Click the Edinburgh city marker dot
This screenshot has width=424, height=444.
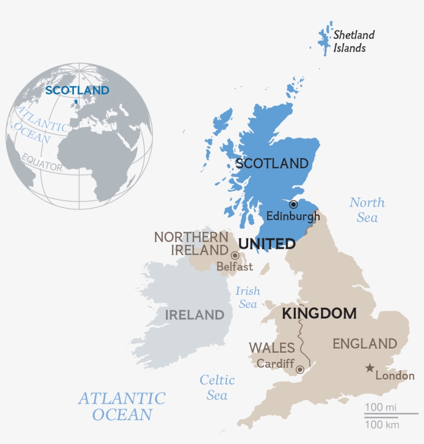tap(293, 204)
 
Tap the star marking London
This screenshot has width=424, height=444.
tap(370, 368)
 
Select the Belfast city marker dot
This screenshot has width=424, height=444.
tap(235, 255)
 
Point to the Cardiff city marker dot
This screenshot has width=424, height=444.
tap(299, 370)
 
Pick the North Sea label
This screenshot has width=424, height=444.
tap(367, 210)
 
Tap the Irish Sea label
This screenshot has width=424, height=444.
tap(248, 297)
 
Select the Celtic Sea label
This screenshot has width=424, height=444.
tap(217, 388)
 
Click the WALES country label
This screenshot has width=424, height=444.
tap(272, 347)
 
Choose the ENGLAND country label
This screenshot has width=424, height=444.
tap(365, 343)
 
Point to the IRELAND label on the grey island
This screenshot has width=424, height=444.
tap(194, 314)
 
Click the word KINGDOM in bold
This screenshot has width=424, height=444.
tap(319, 313)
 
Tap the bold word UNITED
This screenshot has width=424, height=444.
tap(267, 244)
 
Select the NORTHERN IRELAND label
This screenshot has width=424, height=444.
tap(192, 244)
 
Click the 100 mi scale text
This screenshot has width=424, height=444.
tap(381, 407)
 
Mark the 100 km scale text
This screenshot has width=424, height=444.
tap(382, 425)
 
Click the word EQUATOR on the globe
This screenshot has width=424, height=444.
tap(42, 162)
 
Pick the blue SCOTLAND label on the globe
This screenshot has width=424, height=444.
tap(77, 90)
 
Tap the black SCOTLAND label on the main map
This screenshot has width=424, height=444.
tap(271, 164)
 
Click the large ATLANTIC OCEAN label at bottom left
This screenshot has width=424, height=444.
tap(122, 406)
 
